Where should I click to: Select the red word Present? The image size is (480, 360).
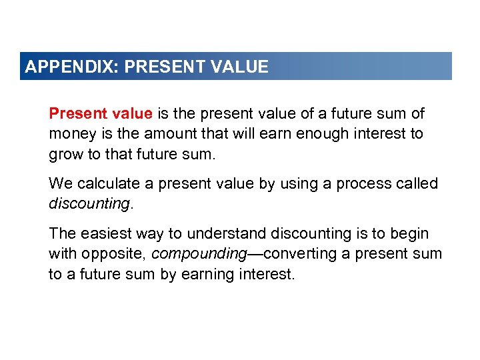pos(75,114)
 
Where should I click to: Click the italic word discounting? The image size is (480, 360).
pos(89,203)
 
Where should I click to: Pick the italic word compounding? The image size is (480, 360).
pos(197,254)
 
